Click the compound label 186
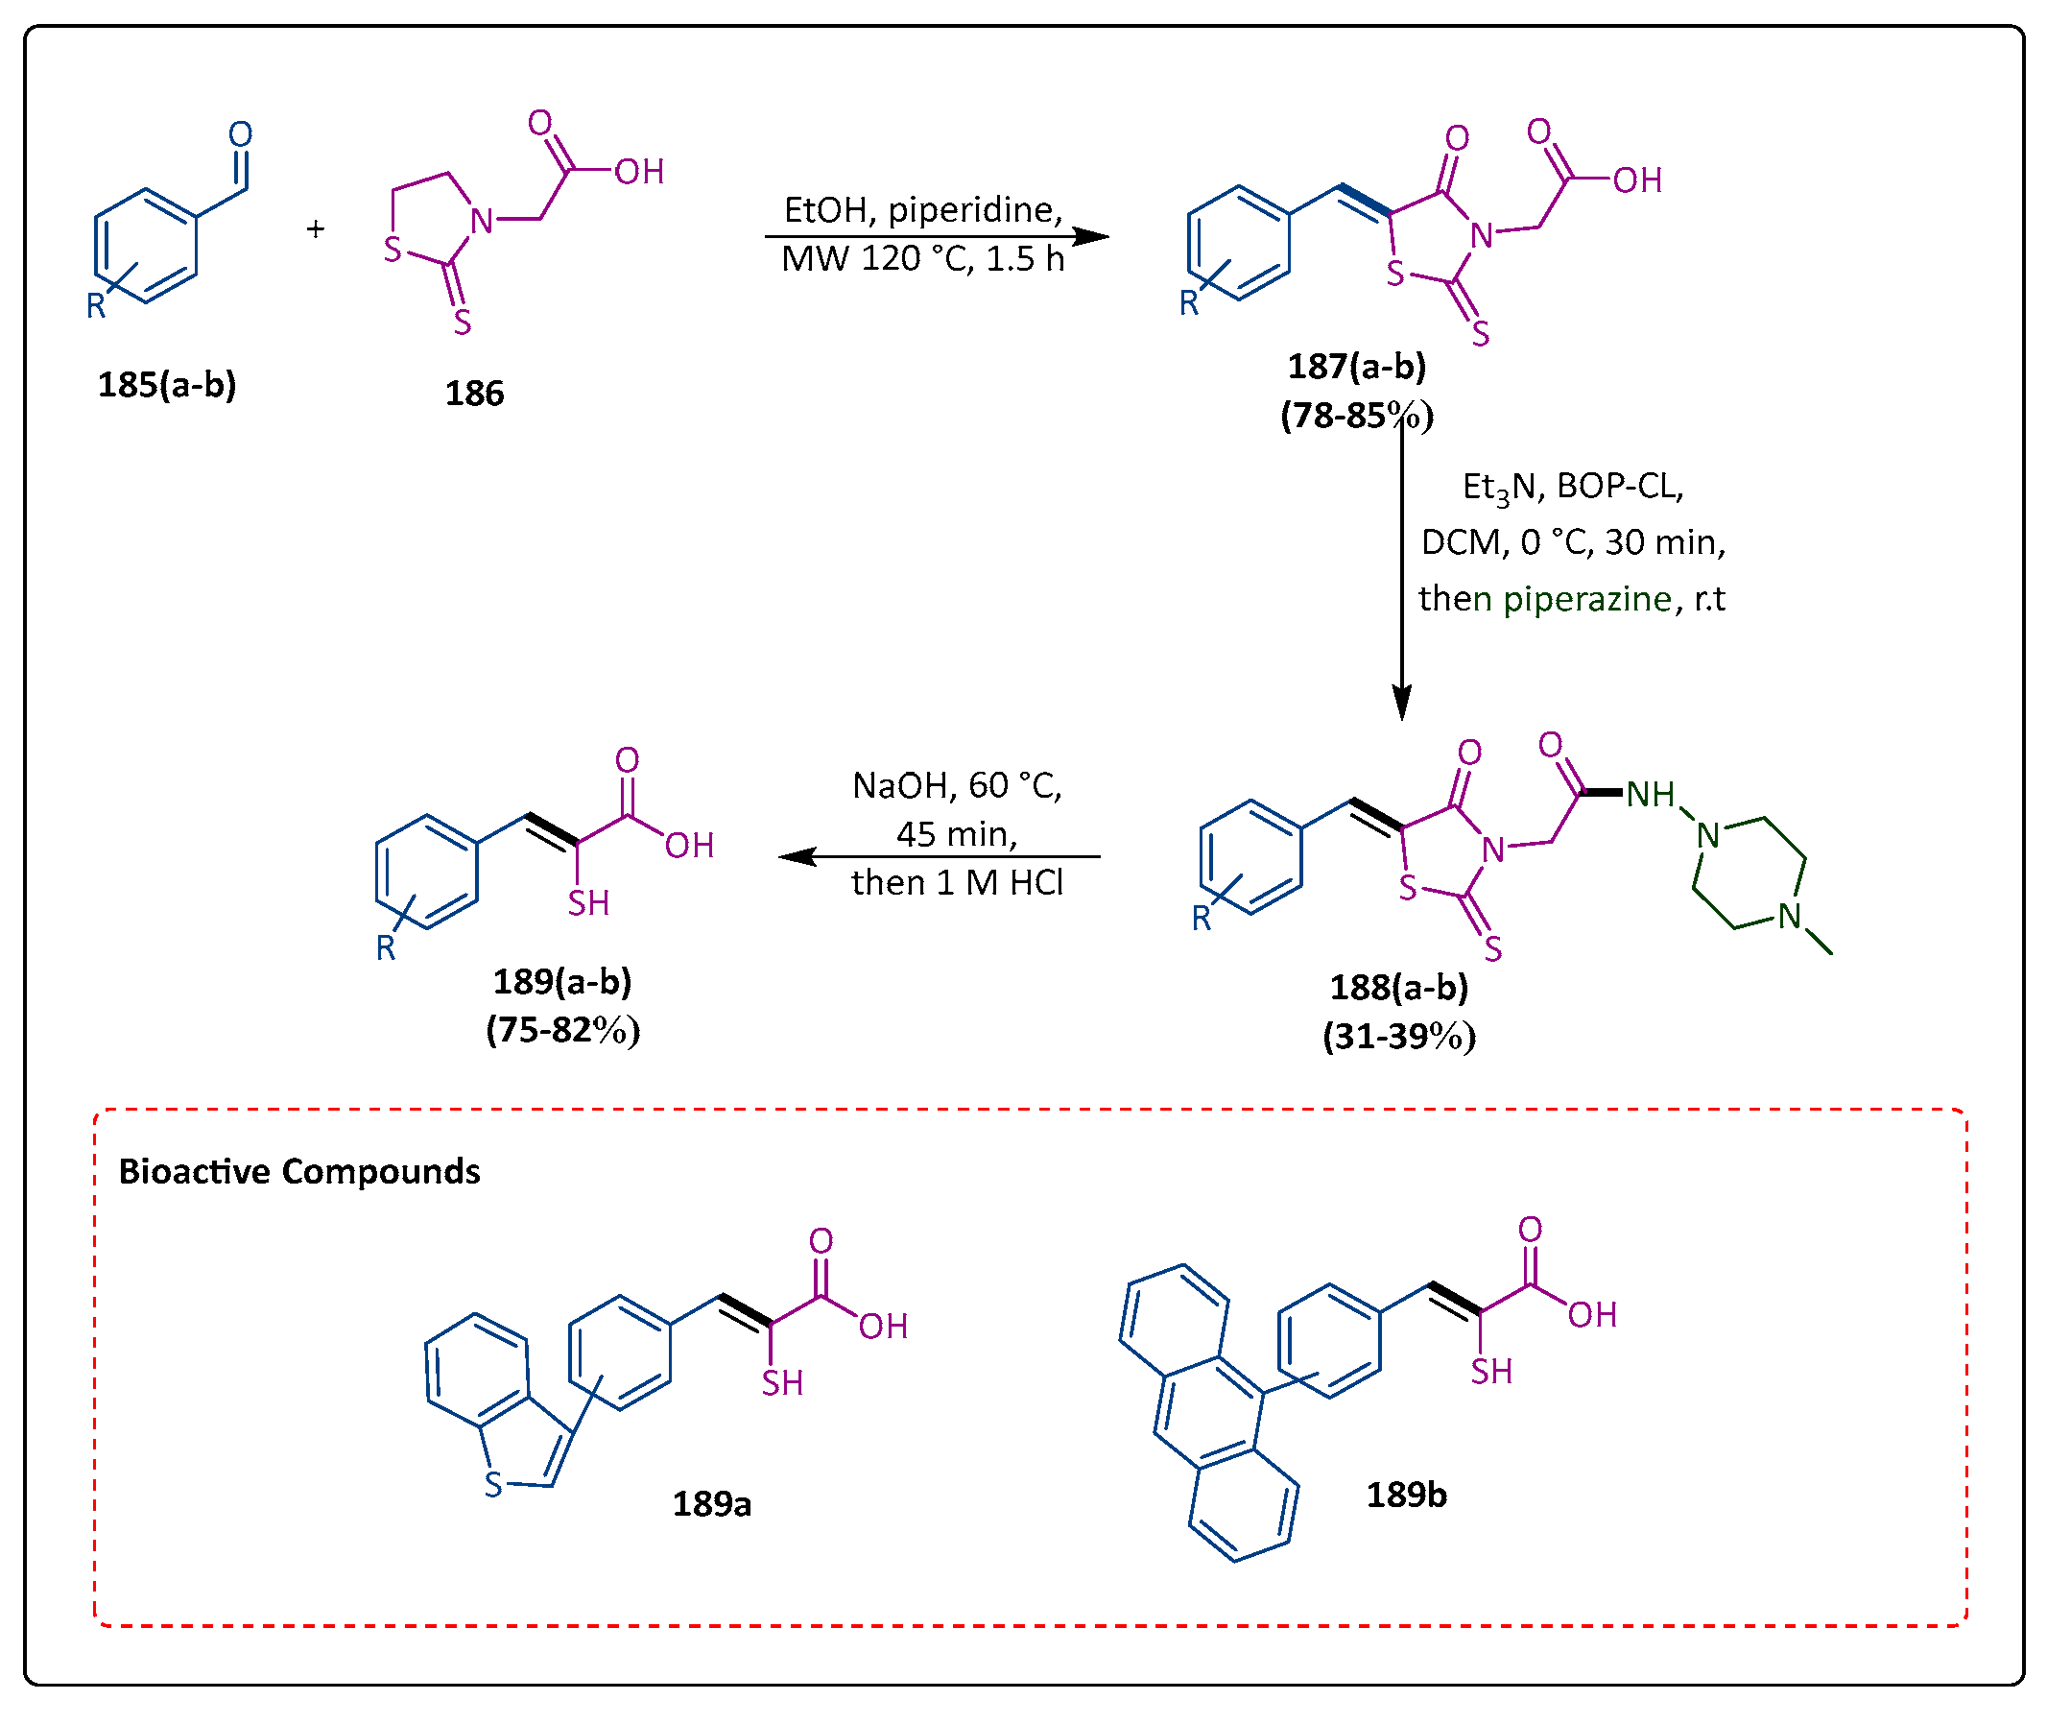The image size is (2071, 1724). click(474, 395)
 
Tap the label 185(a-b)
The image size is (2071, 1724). click(167, 386)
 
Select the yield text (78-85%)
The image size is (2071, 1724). click(1358, 417)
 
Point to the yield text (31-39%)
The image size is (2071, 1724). click(1400, 1038)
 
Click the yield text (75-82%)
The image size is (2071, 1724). click(563, 1032)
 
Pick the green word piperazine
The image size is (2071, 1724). click(1587, 600)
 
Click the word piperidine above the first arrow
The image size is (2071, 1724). click(974, 210)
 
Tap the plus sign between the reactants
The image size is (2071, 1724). click(316, 229)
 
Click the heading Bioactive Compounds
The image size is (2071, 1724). click(298, 1173)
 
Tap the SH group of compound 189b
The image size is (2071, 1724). click(1492, 1373)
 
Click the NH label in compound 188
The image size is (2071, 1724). click(1651, 795)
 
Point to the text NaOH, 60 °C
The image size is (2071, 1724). click(958, 787)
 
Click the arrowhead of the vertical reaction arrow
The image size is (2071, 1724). click(1402, 705)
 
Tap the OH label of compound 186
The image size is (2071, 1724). click(640, 173)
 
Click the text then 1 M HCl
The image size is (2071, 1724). click(958, 884)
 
